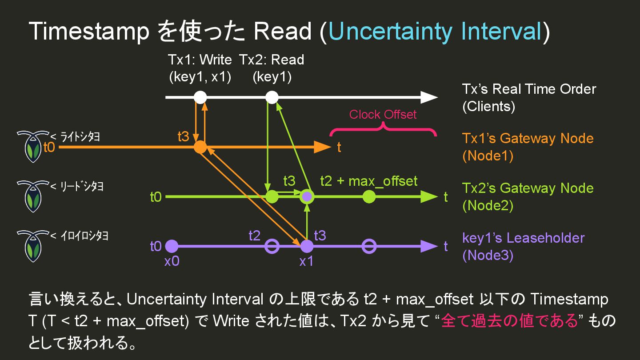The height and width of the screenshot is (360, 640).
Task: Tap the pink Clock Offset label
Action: pyautogui.click(x=383, y=114)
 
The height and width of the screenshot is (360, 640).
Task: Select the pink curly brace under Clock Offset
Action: pyautogui.click(x=383, y=130)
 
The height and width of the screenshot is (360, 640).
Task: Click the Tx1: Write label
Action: pyautogui.click(x=200, y=60)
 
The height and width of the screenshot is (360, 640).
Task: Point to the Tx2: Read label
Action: pyautogui.click(x=272, y=60)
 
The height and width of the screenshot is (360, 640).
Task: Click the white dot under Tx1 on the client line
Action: pyautogui.click(x=200, y=97)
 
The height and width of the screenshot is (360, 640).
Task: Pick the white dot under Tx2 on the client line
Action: pyautogui.click(x=272, y=97)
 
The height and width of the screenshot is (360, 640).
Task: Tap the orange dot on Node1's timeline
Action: pyautogui.click(x=200, y=147)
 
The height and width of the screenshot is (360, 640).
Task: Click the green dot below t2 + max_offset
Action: pyautogui.click(x=369, y=196)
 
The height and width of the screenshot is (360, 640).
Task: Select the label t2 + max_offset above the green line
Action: pyautogui.click(x=369, y=181)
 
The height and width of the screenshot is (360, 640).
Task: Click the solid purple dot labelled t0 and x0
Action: pyautogui.click(x=172, y=246)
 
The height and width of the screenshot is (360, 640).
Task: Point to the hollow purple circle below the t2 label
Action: pyautogui.click(x=272, y=246)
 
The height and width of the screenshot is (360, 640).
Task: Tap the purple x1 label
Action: pyautogui.click(x=306, y=261)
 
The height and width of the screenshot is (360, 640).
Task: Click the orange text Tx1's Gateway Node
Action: pyautogui.click(x=528, y=138)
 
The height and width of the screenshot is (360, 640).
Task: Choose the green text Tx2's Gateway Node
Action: pyautogui.click(x=528, y=188)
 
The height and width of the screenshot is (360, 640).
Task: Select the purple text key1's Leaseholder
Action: pyautogui.click(x=523, y=238)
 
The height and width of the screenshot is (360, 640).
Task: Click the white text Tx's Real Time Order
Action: pyautogui.click(x=529, y=89)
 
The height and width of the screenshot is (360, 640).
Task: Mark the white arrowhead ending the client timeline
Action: pyautogui.click(x=429, y=97)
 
